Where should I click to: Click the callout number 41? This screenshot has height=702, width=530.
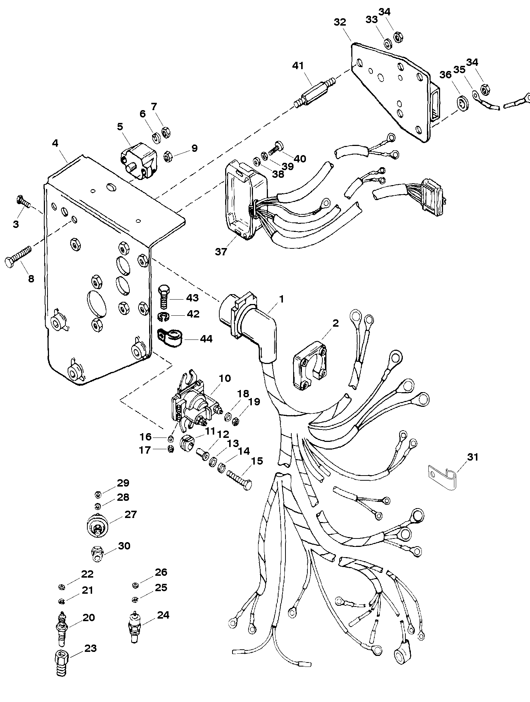[298, 66]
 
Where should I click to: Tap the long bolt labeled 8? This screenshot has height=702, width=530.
[18, 256]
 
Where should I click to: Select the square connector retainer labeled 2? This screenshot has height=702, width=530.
[310, 365]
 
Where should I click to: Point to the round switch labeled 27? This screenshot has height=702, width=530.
[97, 527]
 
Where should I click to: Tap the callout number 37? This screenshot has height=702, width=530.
[221, 252]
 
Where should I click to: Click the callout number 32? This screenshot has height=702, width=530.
[340, 22]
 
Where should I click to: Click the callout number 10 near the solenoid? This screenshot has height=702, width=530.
[225, 378]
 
